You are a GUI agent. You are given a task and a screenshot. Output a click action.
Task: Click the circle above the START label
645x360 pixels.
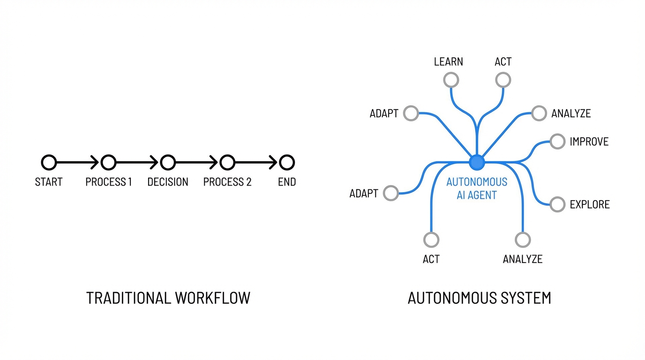click(x=49, y=163)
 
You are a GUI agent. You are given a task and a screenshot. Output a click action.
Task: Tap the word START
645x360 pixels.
click(x=49, y=182)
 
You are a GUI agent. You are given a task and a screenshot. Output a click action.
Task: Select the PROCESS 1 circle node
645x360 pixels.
click(x=108, y=163)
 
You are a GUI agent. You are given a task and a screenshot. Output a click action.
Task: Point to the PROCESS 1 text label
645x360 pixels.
click(x=108, y=182)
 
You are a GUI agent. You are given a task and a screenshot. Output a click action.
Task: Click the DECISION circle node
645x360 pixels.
click(x=168, y=163)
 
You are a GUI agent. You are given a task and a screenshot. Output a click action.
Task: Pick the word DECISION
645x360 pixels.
click(x=168, y=182)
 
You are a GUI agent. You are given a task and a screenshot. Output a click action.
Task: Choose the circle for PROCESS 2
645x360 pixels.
click(x=227, y=163)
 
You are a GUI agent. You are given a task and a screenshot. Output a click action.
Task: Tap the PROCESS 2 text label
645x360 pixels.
click(x=227, y=182)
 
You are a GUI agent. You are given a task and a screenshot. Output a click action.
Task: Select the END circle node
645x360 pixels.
click(x=287, y=163)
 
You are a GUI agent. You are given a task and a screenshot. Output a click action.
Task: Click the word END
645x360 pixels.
click(x=287, y=182)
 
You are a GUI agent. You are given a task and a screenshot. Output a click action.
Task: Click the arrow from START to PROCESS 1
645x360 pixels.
click(x=78, y=163)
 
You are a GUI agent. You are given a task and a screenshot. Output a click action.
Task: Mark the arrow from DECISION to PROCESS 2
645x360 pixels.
click(x=197, y=163)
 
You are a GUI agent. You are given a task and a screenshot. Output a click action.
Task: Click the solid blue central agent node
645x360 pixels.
click(x=477, y=163)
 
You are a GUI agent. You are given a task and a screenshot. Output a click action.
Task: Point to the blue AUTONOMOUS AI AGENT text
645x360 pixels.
click(x=477, y=188)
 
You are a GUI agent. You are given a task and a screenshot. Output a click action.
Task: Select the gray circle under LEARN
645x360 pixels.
click(x=451, y=80)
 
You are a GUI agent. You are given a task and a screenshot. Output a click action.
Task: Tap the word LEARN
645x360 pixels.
click(x=448, y=62)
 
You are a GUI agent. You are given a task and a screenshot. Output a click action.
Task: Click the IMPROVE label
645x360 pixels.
click(x=589, y=142)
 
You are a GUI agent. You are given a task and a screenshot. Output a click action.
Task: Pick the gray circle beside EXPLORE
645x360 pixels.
click(x=557, y=204)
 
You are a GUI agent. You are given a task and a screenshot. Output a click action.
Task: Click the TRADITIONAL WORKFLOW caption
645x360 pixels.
click(x=168, y=298)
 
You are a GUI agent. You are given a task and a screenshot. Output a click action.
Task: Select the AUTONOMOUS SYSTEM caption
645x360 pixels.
click(x=479, y=298)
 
